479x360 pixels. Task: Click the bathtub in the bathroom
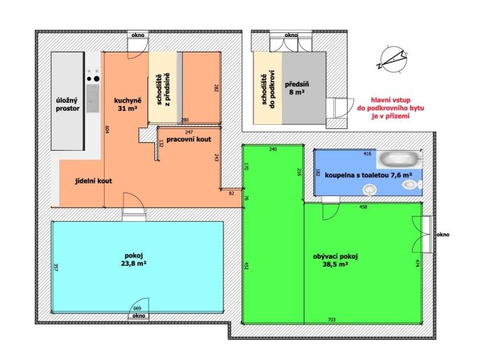coord(400,159)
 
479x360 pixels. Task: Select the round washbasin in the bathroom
coord(369,190)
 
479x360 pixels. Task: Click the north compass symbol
coord(394,59)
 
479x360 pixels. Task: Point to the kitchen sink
coord(93,98)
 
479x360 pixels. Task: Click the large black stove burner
coord(96,79)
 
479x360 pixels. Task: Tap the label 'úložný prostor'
coord(68,105)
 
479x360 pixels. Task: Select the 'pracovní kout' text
coord(189,140)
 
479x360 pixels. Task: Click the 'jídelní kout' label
coord(94,181)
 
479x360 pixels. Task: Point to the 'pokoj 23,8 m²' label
coord(133,259)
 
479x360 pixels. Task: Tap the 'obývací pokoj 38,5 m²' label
coord(335,260)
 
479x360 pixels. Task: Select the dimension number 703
coord(332,320)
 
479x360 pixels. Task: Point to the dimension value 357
coord(56,267)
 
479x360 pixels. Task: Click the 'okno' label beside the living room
coord(443,235)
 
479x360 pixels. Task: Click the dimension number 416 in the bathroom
coord(367,153)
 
